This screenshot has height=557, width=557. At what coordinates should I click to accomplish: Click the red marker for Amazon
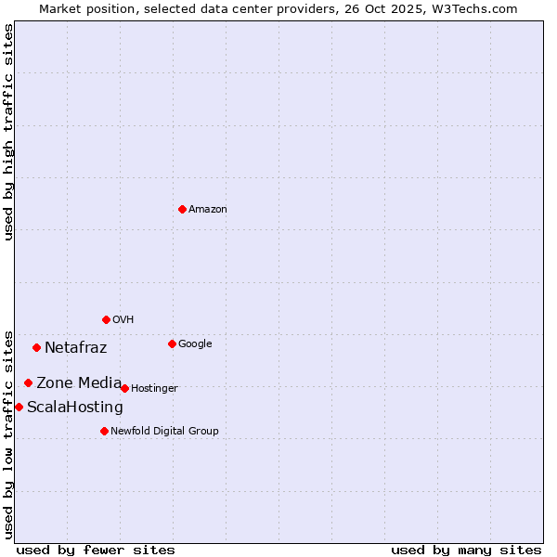[182, 209]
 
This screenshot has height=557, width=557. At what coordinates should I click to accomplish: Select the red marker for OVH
[106, 319]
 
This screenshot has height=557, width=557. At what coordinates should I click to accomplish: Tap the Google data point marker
[172, 343]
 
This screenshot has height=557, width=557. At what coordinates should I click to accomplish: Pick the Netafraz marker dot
[36, 348]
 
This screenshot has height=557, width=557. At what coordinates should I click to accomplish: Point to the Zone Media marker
[28, 382]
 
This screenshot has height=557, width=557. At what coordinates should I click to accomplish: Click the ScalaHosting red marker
[19, 407]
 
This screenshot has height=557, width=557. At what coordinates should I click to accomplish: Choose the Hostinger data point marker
[124, 388]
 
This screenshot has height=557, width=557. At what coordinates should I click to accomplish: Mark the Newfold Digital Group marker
[104, 431]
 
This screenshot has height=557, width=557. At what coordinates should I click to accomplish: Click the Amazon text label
[208, 210]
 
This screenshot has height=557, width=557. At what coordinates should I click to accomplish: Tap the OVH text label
[123, 320]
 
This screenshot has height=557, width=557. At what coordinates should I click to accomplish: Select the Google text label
[195, 344]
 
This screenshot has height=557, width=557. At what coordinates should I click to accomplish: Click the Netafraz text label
[76, 348]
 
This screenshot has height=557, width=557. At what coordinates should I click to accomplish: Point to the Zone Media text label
[79, 382]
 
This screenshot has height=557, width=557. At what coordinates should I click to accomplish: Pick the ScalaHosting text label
[75, 408]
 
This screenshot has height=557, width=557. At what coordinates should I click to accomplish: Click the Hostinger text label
[154, 388]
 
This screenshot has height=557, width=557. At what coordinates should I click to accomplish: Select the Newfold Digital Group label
[164, 431]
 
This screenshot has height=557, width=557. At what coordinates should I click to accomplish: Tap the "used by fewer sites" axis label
[96, 550]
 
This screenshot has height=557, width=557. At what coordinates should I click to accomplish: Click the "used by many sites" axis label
[466, 550]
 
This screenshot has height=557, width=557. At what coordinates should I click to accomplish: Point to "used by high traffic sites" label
[9, 132]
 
